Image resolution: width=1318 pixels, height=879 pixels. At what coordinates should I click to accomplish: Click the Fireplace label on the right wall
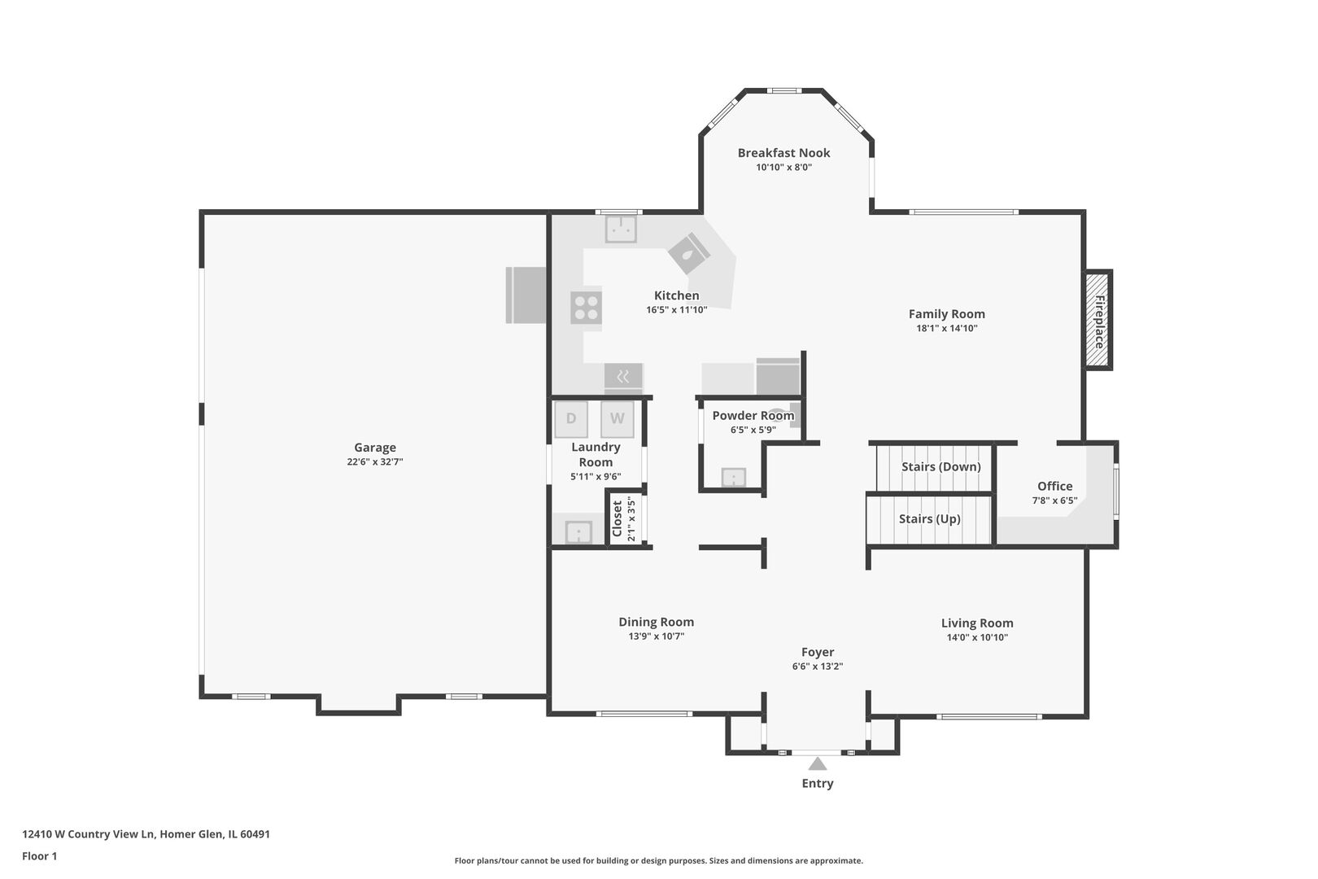(x=1098, y=321)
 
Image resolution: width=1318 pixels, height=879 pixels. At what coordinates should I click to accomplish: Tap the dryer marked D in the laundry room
(x=571, y=418)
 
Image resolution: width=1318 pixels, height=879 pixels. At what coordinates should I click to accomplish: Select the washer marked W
(x=618, y=418)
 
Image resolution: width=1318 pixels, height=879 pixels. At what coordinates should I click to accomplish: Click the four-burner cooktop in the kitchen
(x=586, y=308)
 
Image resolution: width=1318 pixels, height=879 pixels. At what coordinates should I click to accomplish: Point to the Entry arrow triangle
(x=818, y=763)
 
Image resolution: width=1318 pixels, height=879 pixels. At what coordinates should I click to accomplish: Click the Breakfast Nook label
(x=783, y=153)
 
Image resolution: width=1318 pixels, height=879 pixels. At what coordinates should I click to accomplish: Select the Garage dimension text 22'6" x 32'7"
(x=375, y=461)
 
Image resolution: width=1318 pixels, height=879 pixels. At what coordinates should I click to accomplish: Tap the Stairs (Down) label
(x=940, y=467)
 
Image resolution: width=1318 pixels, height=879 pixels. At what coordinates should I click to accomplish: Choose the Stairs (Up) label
(x=930, y=518)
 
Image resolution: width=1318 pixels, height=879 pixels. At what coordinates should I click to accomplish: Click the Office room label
(x=1054, y=487)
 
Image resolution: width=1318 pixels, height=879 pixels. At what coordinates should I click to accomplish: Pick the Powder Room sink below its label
(x=734, y=477)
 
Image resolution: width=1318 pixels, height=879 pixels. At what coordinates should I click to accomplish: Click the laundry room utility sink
(x=578, y=532)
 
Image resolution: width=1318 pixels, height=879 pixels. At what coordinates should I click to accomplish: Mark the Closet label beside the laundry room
(x=618, y=518)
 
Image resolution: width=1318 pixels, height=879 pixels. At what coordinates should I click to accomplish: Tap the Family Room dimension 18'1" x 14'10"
(x=947, y=329)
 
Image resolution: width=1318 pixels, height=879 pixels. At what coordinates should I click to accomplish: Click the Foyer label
(x=818, y=652)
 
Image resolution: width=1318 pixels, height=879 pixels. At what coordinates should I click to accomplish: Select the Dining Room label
(x=656, y=622)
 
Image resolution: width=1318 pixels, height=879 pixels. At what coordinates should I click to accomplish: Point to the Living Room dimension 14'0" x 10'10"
(x=977, y=637)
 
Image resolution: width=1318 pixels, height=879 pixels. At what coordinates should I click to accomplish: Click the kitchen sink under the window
(x=621, y=229)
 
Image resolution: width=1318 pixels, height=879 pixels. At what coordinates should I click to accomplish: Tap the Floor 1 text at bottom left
(x=39, y=856)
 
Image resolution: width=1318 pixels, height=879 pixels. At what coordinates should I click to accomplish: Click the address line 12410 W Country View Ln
(x=88, y=834)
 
